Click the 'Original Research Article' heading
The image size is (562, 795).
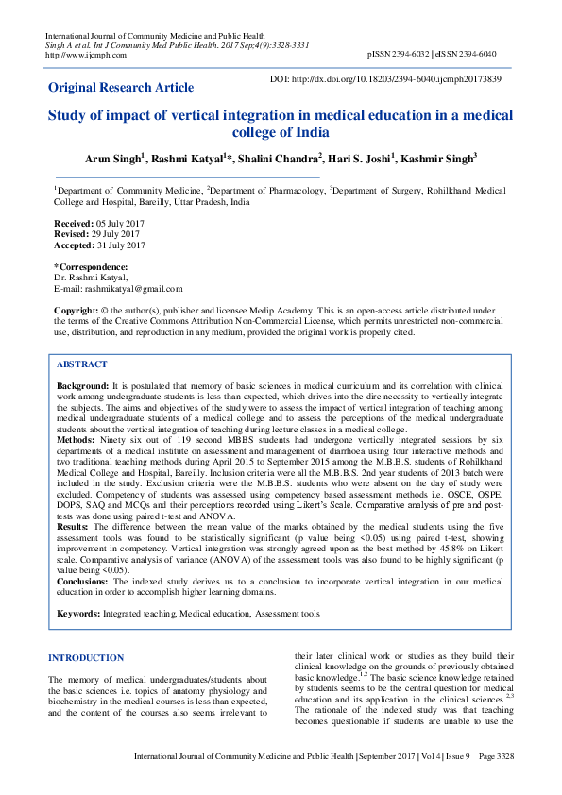point(121,88)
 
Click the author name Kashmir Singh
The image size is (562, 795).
point(442,159)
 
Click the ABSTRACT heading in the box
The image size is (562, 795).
point(82,364)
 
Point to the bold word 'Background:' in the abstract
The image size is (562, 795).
point(82,387)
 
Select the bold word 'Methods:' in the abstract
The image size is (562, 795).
point(77,439)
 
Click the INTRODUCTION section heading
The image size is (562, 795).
point(86,657)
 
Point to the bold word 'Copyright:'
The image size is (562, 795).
point(77,310)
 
